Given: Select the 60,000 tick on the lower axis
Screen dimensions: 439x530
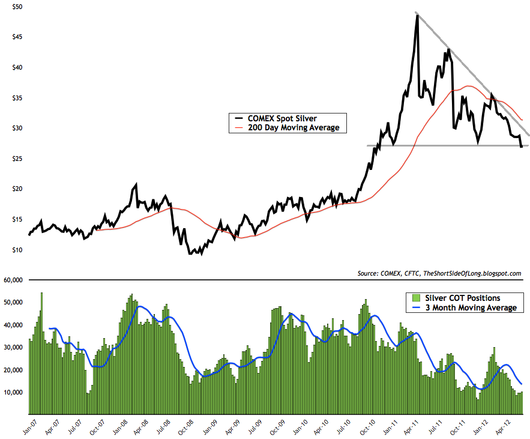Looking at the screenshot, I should (13, 280).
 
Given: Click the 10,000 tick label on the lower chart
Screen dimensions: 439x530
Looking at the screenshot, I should (13, 392).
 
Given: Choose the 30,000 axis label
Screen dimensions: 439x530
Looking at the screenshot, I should (13, 347).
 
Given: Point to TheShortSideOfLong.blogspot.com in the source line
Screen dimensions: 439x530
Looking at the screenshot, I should (472, 273).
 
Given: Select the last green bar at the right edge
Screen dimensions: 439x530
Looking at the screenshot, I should (522, 403).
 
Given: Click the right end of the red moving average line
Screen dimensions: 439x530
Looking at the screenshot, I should (522, 120).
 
